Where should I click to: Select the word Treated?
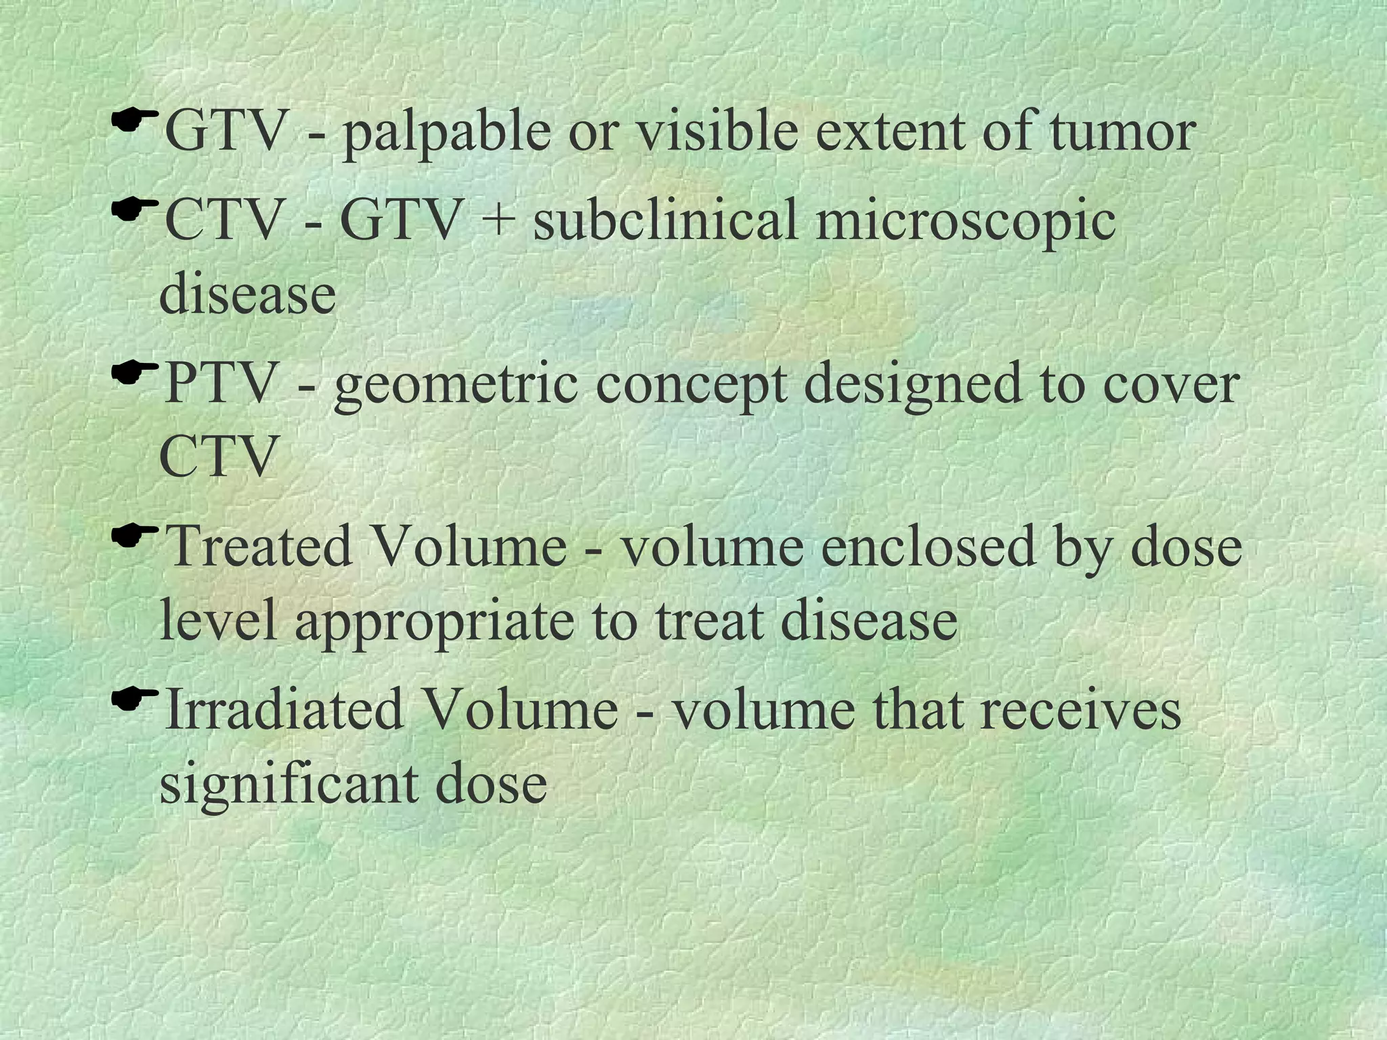(258, 546)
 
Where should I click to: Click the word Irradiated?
(284, 709)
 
